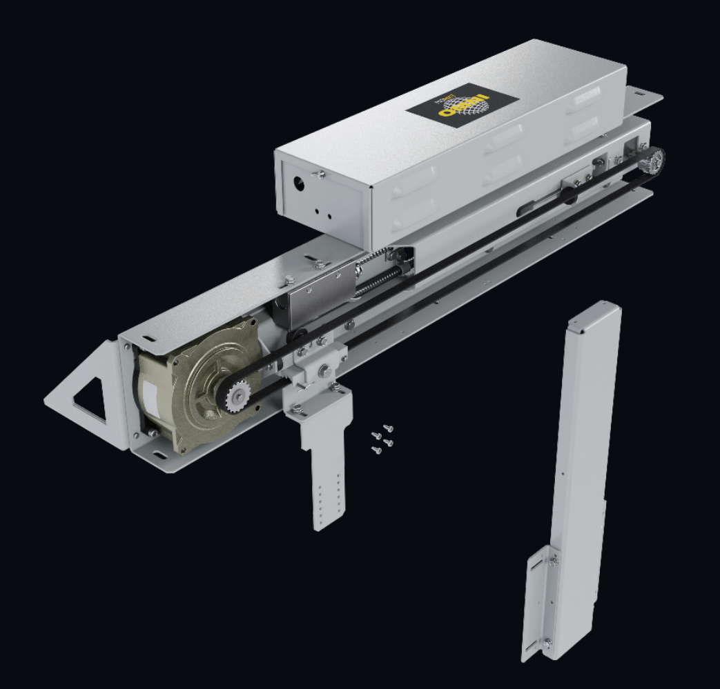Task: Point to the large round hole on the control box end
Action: [x=298, y=184]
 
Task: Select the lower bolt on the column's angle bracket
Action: [x=547, y=643]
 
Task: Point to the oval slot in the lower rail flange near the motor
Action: [x=159, y=455]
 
